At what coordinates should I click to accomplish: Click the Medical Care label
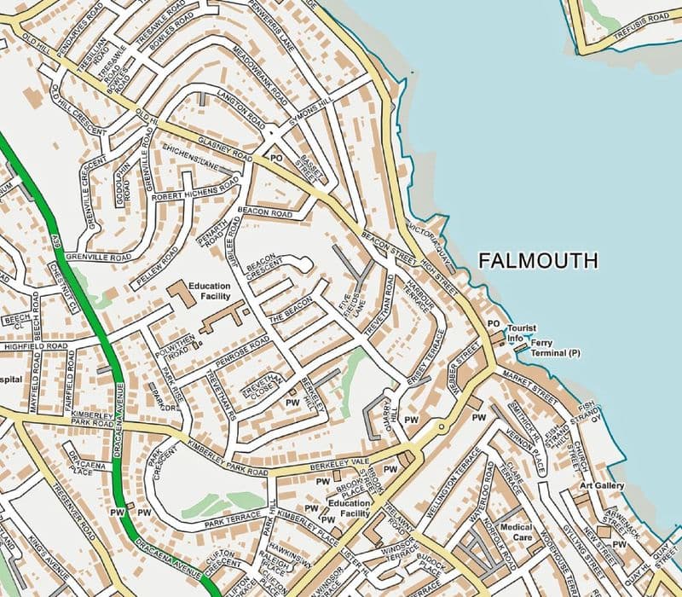(517, 533)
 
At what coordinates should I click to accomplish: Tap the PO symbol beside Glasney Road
(275, 159)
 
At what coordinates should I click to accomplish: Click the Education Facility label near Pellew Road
(210, 291)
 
